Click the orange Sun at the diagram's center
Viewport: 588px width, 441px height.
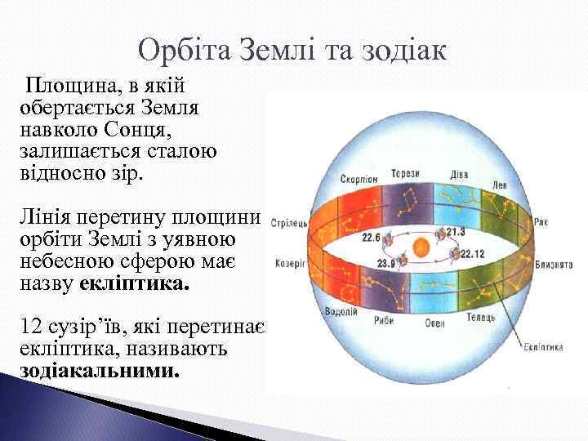[x=420, y=247]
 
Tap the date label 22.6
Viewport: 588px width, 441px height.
[x=372, y=238]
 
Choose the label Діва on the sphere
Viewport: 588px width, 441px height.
[x=459, y=174]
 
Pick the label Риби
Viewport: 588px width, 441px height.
[x=385, y=320]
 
